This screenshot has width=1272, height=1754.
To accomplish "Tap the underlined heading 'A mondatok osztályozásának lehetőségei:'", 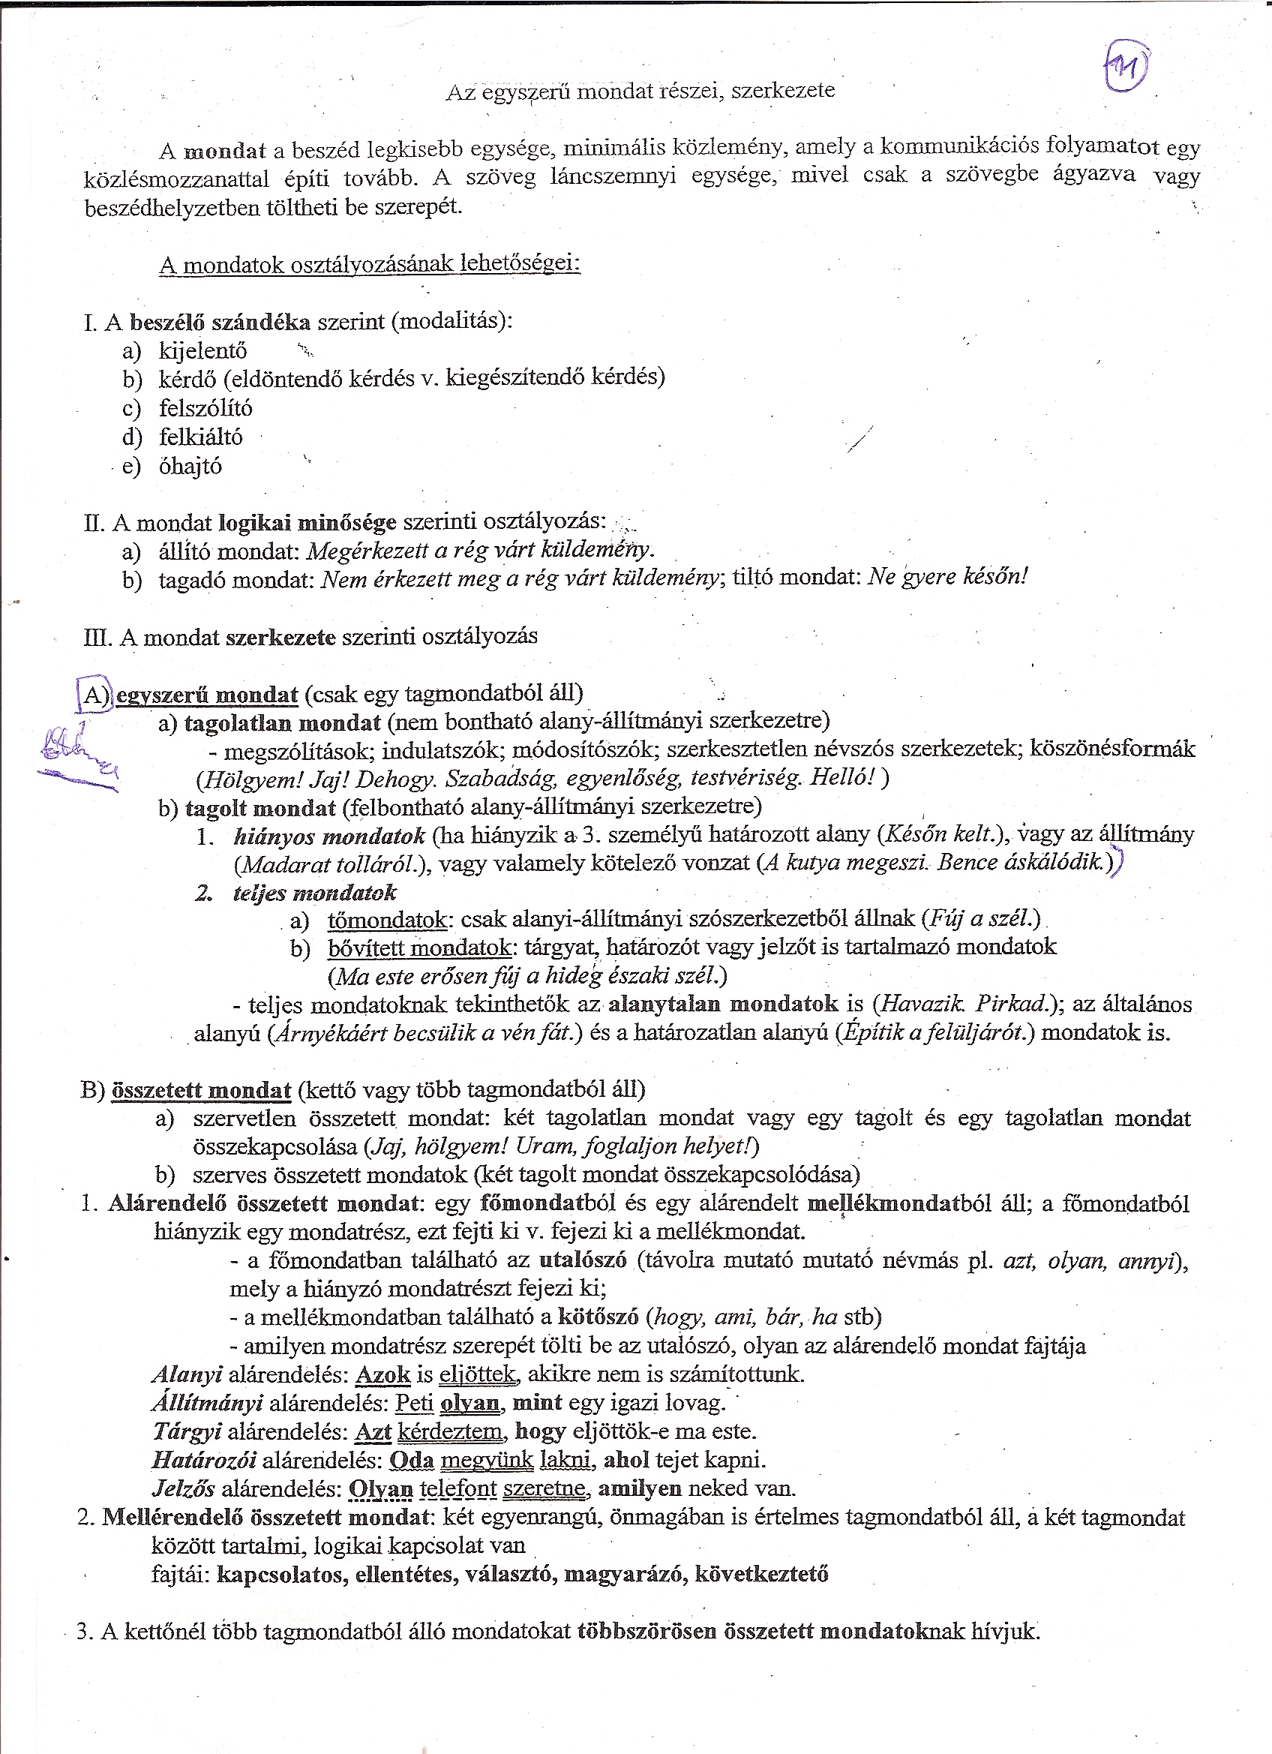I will [370, 265].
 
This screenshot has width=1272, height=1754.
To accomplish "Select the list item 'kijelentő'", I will [202, 351].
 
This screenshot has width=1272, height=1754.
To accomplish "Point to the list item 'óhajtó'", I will [190, 467].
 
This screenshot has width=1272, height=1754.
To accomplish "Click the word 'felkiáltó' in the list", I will [200, 437].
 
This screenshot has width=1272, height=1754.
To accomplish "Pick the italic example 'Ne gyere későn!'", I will [947, 576].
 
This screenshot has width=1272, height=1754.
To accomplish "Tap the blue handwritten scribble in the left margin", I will [77, 754].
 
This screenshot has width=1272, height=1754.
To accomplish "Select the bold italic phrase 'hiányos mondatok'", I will [328, 836].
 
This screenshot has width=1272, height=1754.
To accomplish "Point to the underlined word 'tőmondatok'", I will [387, 921].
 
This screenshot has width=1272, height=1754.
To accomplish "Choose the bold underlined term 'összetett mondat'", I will [201, 1091].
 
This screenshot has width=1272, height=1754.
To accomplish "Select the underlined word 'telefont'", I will [458, 1488].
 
